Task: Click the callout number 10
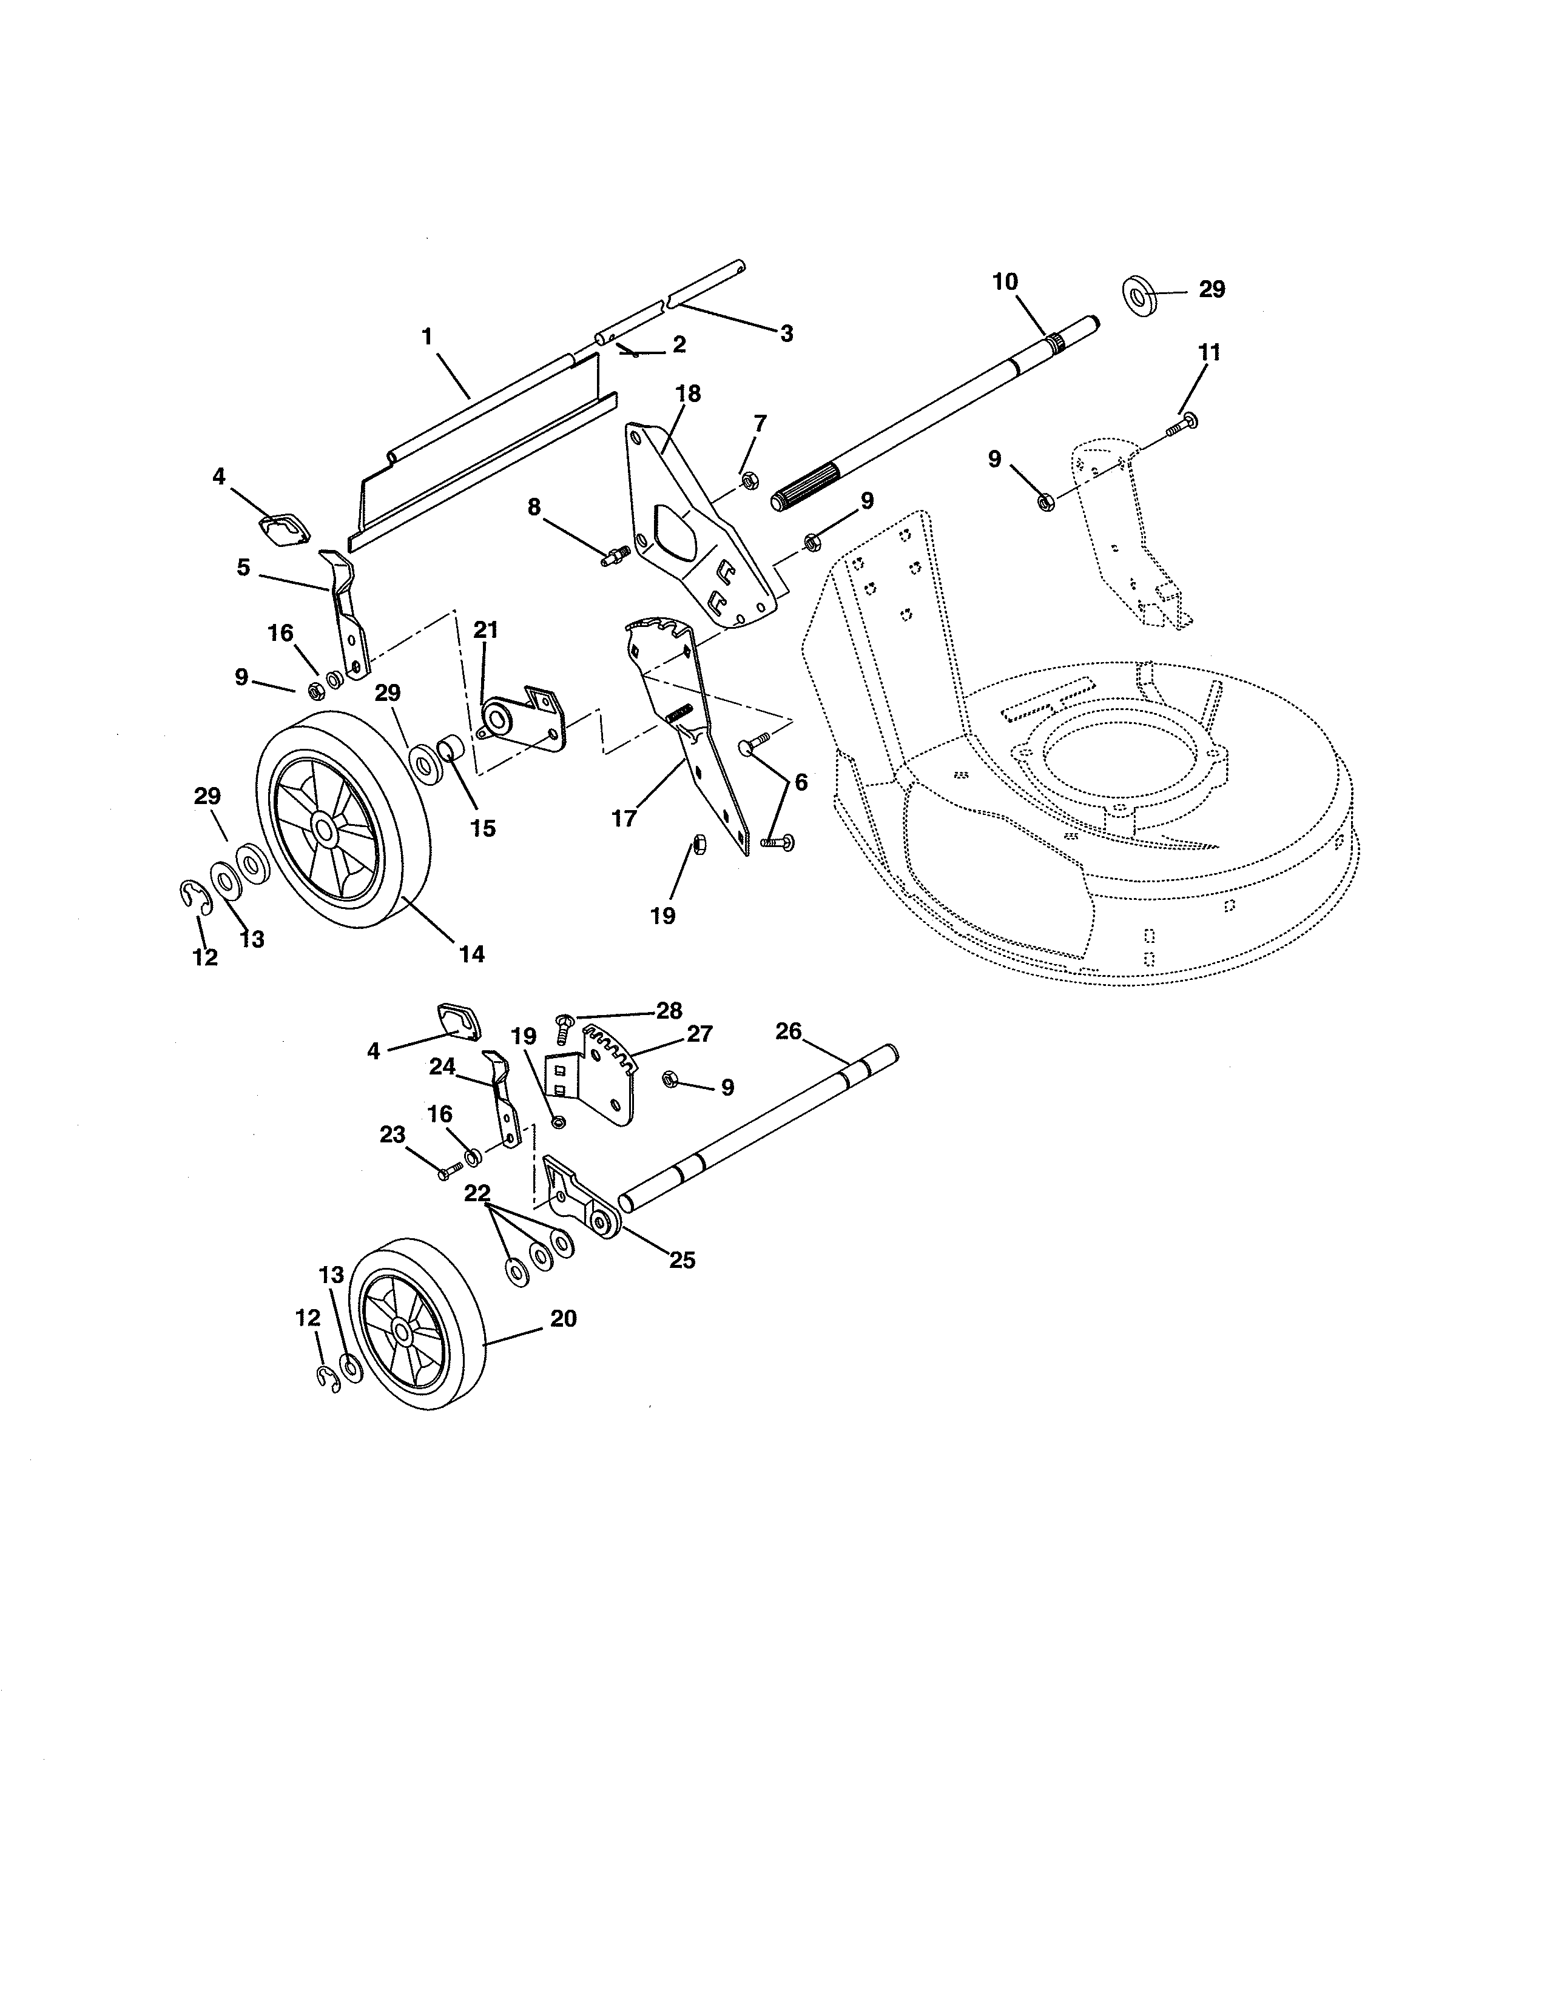(x=1005, y=281)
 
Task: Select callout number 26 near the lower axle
(x=788, y=1031)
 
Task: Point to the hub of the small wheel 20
(x=402, y=1327)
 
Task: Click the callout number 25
(x=682, y=1260)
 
